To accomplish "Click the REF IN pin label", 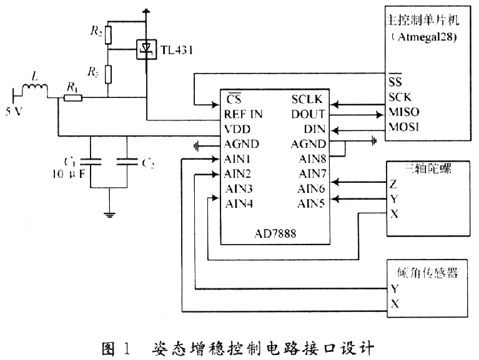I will coord(243,115).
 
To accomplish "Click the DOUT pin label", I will coord(308,115).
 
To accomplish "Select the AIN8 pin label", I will coord(312,158).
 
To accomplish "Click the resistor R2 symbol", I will coord(108,35).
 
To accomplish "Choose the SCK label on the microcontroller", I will coord(399,98).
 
